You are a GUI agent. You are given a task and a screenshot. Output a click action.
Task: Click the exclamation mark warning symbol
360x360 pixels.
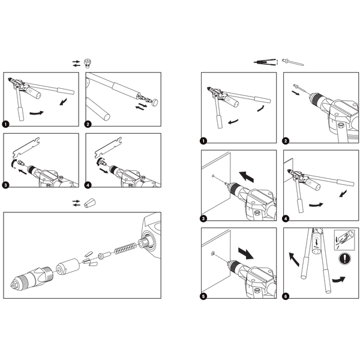click(344, 260)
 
